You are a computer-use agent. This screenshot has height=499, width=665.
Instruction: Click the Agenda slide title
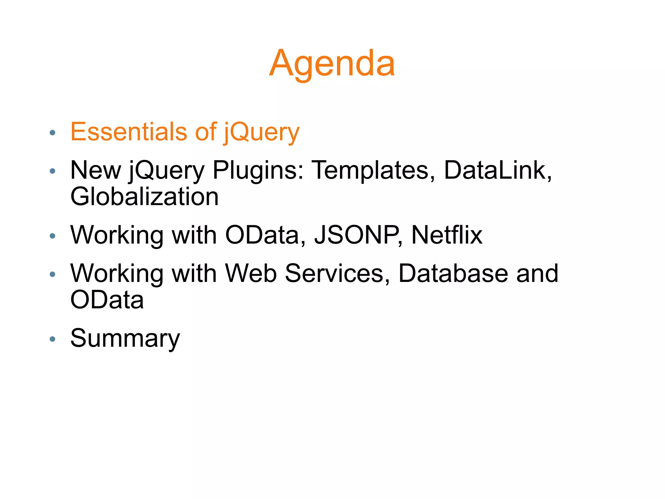tap(332, 63)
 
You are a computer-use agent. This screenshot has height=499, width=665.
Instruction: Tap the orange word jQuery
tap(262, 133)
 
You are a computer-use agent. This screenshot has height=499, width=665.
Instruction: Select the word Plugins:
tap(258, 171)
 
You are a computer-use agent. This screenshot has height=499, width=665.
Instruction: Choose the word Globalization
tap(144, 197)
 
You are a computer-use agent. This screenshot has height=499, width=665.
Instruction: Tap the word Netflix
tap(447, 235)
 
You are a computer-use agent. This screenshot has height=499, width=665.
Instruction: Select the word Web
tap(251, 273)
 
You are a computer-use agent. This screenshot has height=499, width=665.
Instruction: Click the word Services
tap(337, 273)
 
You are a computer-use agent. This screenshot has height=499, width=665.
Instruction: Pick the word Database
tap(453, 273)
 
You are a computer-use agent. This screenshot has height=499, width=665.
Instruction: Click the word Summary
tap(125, 339)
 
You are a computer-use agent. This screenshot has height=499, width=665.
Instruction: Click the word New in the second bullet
tap(96, 171)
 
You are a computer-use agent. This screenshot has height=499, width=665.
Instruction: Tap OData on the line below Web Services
tap(107, 300)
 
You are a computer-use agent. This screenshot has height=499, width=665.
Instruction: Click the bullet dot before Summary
tap(53, 339)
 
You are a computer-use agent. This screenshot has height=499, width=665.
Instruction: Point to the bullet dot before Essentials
tap(53, 133)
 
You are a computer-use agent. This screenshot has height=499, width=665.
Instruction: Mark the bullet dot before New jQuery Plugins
tap(53, 171)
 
